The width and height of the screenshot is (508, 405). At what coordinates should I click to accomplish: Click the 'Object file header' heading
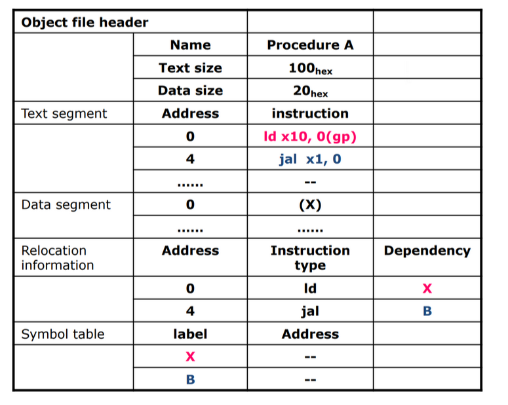85,22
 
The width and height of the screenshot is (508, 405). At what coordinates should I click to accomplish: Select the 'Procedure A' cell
310,45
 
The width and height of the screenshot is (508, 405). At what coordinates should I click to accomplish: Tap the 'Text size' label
190,67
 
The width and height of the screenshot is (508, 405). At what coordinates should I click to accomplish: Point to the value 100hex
311,68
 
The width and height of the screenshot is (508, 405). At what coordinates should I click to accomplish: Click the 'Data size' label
190,90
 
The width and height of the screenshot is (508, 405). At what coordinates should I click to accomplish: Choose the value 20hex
311,91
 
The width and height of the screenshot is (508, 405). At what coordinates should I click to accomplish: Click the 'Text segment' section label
64,114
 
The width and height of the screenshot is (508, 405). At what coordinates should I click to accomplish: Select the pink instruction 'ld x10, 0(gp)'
310,136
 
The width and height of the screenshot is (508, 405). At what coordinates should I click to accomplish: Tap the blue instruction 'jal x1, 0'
310,159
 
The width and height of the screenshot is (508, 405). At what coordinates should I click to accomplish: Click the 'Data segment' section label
66,204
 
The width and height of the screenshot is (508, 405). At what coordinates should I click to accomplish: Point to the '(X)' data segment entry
310,204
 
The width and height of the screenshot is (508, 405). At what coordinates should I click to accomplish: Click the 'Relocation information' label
57,258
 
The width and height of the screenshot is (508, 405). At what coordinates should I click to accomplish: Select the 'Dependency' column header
427,251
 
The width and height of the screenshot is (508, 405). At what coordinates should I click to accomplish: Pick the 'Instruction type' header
310,258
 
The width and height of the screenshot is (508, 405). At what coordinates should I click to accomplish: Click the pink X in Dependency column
427,288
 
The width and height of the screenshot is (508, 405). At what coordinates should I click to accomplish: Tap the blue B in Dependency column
427,311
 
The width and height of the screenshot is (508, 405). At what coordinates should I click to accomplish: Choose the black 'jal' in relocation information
310,311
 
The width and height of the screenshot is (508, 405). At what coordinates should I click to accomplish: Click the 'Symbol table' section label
63,334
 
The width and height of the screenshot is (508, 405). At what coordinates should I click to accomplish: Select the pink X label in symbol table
190,357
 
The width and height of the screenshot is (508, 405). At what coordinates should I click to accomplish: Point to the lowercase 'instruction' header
310,113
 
